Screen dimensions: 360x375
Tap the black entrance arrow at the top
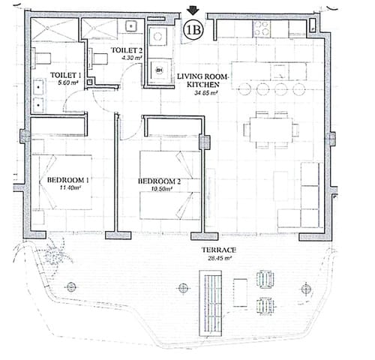[x=192, y=10]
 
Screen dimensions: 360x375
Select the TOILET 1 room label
[x=65, y=76]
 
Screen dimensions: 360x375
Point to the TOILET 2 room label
[x=126, y=50]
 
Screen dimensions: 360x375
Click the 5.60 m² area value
[x=66, y=85]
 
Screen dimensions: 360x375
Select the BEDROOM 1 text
[x=68, y=181]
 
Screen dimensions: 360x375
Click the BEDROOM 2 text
[x=159, y=181]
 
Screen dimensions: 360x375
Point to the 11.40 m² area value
[x=69, y=189]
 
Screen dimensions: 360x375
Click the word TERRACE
[x=218, y=251]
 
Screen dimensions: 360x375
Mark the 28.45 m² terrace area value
[x=218, y=259]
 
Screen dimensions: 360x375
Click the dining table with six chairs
[x=269, y=129]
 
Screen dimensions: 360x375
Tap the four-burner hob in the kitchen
[x=262, y=28]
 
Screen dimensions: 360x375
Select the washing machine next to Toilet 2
[x=158, y=70]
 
